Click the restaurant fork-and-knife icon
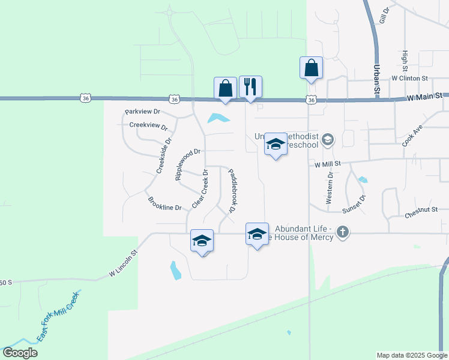click(250, 87)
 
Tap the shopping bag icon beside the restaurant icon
click(225, 89)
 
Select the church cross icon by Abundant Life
click(342, 232)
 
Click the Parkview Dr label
click(142, 112)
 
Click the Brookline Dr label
click(165, 207)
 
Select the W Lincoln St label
click(124, 265)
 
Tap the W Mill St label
click(327, 163)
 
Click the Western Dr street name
click(329, 188)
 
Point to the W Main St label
click(424, 95)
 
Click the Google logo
click(20, 353)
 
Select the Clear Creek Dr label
click(199, 189)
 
